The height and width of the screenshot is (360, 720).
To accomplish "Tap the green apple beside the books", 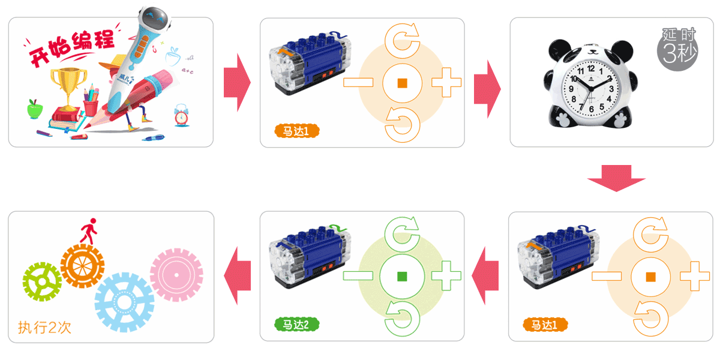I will [x=34, y=109].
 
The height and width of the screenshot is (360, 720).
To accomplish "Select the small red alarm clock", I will [x=181, y=115].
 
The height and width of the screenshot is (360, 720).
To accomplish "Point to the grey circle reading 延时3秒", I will [x=679, y=47].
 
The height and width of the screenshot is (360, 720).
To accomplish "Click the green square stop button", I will [x=402, y=276].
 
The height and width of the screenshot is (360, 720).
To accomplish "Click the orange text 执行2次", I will [x=45, y=327].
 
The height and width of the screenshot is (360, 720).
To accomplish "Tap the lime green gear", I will [x=42, y=282].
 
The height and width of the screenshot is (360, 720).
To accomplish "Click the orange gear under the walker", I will [x=82, y=265].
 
